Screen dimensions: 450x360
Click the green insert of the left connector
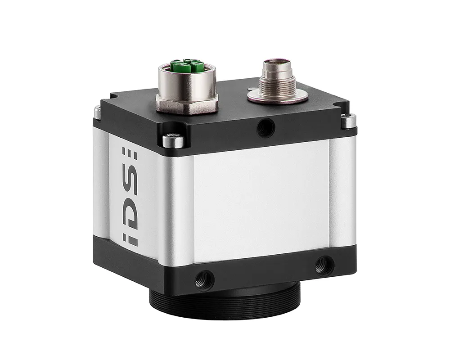pos(187,67)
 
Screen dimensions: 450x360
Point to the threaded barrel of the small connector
pos(278,82)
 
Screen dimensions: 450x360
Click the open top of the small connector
pos(277,63)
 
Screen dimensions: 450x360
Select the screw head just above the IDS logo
pos(173,141)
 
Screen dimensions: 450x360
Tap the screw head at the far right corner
pos(349,121)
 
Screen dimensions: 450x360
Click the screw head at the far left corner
pos(98,112)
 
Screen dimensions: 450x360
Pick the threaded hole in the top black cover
pos(265,127)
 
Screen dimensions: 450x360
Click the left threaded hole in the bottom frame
pos(204,279)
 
